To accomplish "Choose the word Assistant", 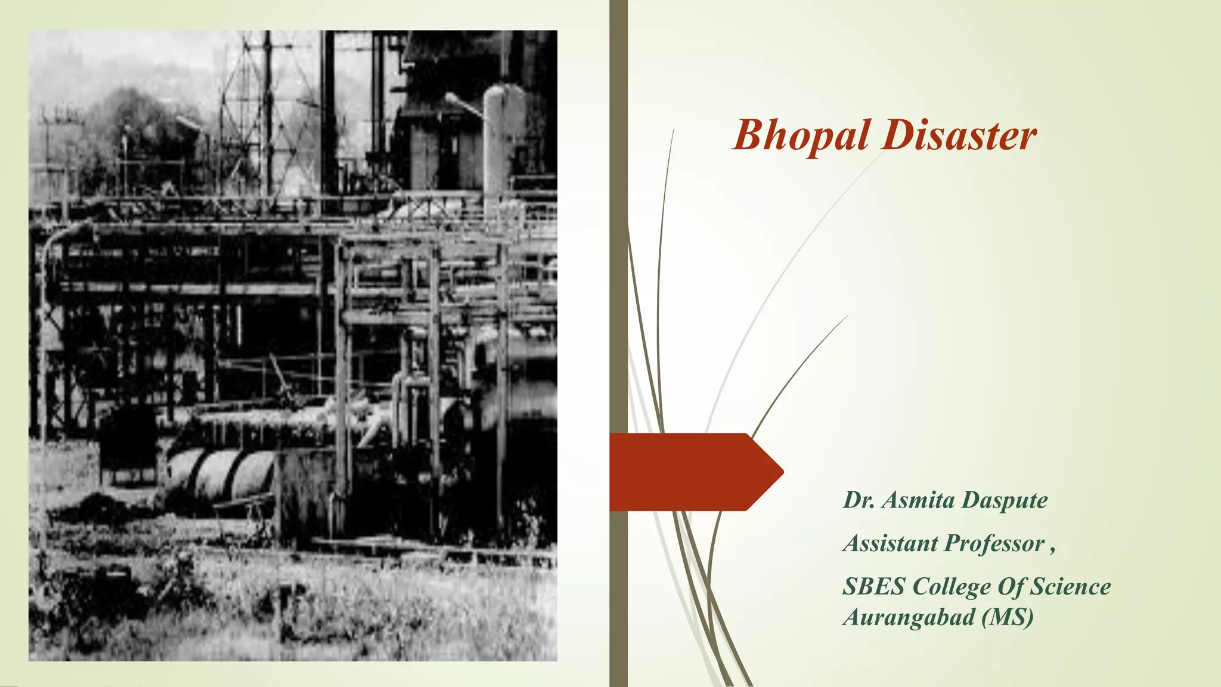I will coord(891,543).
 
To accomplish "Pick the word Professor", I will coord(994,543).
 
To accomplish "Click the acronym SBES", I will coord(873,587).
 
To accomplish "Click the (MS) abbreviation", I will coord(1008,617).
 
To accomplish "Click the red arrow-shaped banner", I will coord(692,472).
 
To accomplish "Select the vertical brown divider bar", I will coord(618,239).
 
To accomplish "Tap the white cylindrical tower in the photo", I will coord(503,143).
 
